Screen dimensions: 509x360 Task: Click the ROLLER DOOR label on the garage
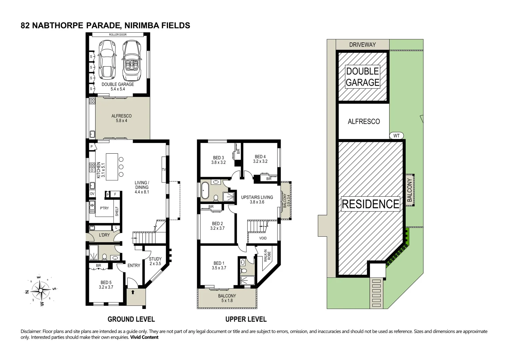118,35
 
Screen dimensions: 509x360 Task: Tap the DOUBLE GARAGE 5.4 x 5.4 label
118,87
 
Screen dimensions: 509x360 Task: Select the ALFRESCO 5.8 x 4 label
122,118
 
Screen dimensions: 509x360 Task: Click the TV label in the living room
164,170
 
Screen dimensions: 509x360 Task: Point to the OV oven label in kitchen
92,194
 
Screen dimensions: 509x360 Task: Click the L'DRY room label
104,235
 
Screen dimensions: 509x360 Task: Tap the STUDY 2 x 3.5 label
155,261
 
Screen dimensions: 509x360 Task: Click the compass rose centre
40,290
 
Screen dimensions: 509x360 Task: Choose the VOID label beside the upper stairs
263,238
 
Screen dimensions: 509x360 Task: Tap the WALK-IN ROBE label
267,256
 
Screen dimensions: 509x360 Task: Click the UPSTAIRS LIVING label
257,200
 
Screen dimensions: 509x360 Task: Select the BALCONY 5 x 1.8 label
227,298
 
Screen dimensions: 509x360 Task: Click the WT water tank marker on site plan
397,136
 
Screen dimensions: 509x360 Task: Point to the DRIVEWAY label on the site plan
362,45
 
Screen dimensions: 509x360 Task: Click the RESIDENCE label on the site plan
370,204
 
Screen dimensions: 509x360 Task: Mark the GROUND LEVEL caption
131,319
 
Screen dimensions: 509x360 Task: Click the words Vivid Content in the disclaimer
144,337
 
